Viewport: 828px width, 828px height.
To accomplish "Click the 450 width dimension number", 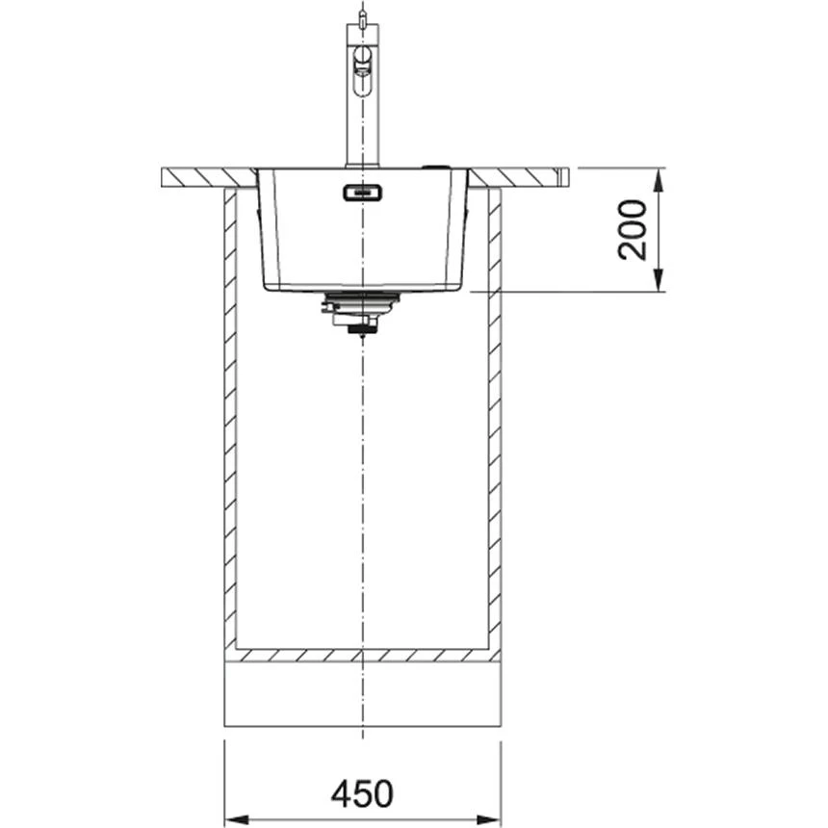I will point(362,793).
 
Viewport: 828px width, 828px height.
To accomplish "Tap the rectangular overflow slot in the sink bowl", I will point(362,194).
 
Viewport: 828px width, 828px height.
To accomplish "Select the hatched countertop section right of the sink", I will point(514,177).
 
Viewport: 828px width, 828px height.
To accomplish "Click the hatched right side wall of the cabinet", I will point(494,433).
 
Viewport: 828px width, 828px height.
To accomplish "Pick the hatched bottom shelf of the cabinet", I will point(362,656).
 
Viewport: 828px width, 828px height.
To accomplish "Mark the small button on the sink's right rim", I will point(437,166).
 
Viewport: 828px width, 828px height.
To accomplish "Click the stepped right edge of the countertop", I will point(564,176).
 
